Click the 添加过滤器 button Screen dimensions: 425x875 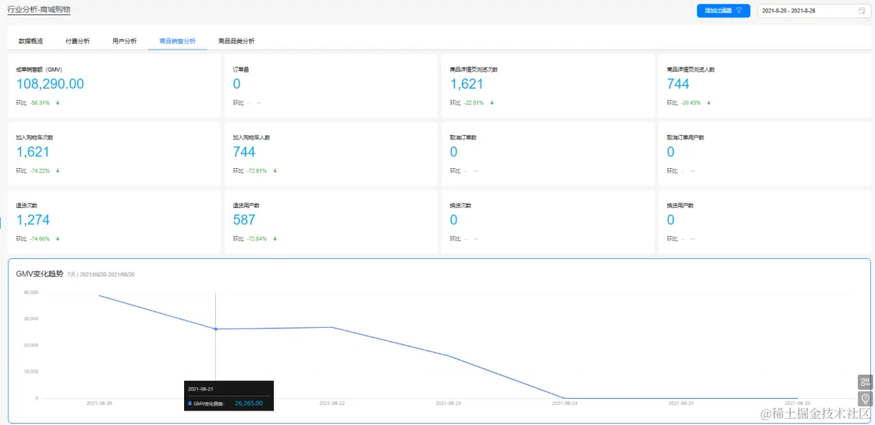point(723,11)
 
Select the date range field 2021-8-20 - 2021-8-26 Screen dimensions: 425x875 point(807,11)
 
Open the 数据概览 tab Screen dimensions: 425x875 point(30,41)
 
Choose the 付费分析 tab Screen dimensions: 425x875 point(77,41)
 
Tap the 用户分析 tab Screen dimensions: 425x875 point(124,41)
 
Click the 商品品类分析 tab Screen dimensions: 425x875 point(236,41)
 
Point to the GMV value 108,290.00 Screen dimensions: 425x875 point(50,84)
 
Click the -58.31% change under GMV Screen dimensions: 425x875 point(40,103)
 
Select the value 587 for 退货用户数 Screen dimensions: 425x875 point(244,220)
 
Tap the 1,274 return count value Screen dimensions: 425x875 point(33,220)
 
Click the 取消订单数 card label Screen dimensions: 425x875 point(463,138)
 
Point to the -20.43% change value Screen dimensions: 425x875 point(690,103)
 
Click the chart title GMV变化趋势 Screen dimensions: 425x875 point(40,274)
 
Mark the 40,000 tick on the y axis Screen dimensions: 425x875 point(30,293)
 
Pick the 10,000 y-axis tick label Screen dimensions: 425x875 point(30,372)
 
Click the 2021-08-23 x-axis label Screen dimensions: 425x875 point(449,403)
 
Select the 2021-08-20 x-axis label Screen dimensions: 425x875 point(99,403)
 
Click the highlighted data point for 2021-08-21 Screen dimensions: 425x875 point(215,329)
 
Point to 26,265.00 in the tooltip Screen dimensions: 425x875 point(248,403)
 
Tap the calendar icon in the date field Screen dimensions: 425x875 point(862,11)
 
